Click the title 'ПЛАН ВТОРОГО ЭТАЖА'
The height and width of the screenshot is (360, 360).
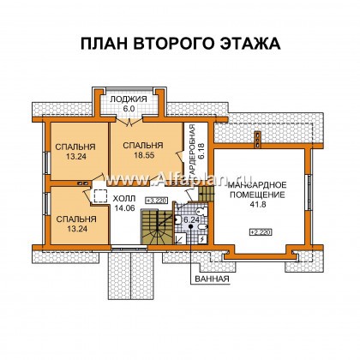coord(180,44)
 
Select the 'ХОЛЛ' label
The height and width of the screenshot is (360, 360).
coord(125,197)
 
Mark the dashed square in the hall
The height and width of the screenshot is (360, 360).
coord(100,195)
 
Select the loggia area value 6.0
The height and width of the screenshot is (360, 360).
coord(133,110)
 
